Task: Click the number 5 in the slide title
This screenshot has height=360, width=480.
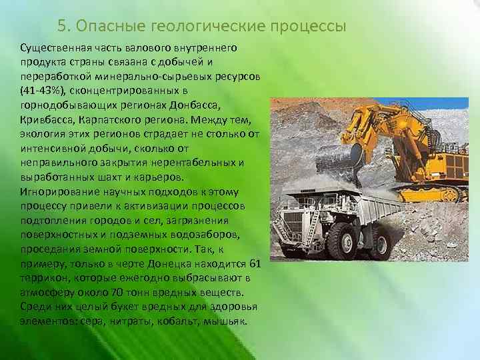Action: coord(61,26)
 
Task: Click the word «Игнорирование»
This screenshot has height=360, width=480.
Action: coord(57,192)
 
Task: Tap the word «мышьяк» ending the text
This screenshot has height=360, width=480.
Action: coord(228,321)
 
